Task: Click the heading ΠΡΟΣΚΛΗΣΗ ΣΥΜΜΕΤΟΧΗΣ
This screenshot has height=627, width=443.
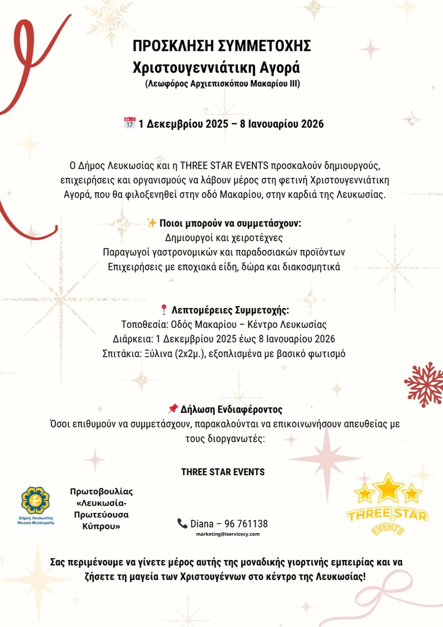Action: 221,46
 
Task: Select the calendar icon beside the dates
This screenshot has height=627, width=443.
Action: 130,123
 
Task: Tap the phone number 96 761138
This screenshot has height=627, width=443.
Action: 246,524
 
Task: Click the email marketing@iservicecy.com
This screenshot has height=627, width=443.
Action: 228,534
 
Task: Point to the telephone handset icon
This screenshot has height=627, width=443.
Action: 182,523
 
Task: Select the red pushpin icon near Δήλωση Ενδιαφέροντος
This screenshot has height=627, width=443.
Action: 173,409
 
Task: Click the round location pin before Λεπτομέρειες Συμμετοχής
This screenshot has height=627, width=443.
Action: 164,309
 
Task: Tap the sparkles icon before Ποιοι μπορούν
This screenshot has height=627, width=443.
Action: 151,223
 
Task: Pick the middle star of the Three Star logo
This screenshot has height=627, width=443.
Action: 388,488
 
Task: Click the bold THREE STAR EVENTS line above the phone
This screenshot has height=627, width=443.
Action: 223,472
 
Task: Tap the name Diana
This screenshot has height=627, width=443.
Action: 202,524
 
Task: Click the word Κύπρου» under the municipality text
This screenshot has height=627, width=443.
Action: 101,526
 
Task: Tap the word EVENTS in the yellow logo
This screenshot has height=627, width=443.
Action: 387,529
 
